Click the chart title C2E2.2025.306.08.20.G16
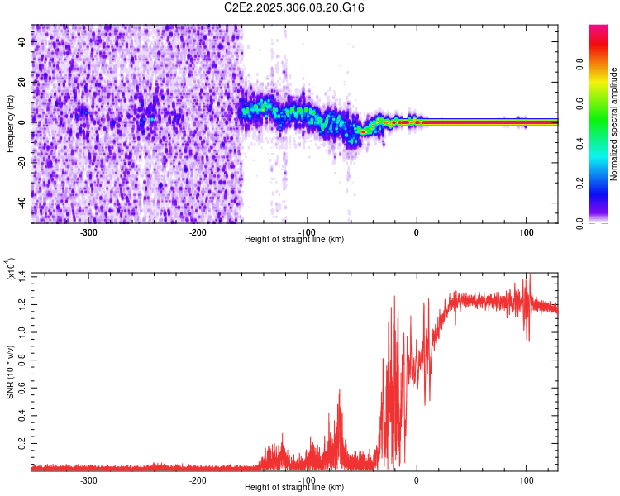pos(294,7)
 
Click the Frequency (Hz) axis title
pos(10,123)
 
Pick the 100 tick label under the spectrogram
pos(527,231)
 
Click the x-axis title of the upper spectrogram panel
pos(294,240)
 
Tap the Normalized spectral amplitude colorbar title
pos(614,124)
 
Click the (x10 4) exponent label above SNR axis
pos(10,269)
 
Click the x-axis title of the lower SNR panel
pos(294,489)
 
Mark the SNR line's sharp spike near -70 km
pos(339,391)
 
